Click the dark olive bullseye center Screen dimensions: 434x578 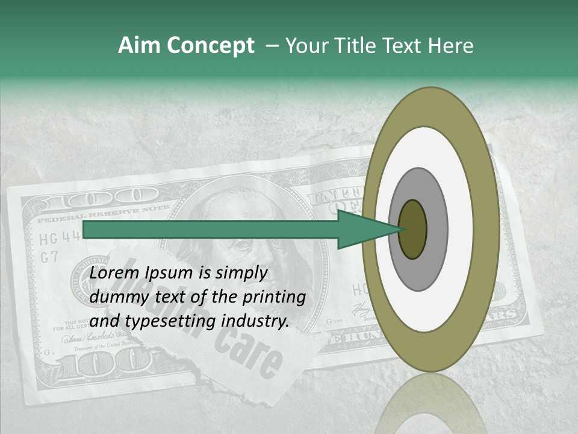point(412,230)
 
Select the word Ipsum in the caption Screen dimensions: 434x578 point(170,273)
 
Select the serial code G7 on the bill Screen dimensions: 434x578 point(49,257)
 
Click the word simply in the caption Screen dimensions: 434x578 point(240,273)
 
